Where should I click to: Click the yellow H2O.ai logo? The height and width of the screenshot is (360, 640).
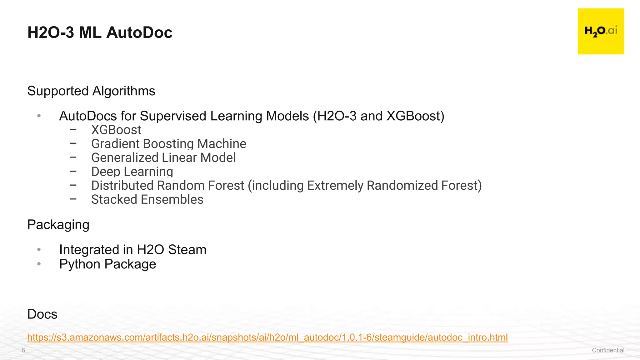(601, 31)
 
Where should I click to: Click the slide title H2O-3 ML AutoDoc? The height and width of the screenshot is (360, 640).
(100, 32)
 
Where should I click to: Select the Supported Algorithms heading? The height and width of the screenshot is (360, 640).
(91, 91)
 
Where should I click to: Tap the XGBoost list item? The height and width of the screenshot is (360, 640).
(116, 130)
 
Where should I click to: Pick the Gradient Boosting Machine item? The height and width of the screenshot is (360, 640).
(169, 144)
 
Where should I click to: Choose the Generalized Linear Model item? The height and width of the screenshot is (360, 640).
(163, 157)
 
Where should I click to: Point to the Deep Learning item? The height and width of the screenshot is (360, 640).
(132, 172)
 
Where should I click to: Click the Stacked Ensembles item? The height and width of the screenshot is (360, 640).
(147, 199)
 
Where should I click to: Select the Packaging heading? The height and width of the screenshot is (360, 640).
(58, 225)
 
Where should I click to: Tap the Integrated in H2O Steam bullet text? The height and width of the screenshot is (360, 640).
(132, 250)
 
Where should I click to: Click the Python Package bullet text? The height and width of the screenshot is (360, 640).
(107, 264)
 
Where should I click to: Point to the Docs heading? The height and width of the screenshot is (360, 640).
(42, 314)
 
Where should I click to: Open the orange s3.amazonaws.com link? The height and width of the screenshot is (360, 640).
(267, 337)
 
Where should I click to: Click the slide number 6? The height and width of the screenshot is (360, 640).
(23, 350)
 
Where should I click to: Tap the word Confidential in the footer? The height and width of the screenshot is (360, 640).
(608, 350)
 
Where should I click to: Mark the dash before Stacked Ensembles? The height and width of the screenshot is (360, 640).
(73, 199)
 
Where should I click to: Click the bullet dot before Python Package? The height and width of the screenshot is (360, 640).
(39, 264)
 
